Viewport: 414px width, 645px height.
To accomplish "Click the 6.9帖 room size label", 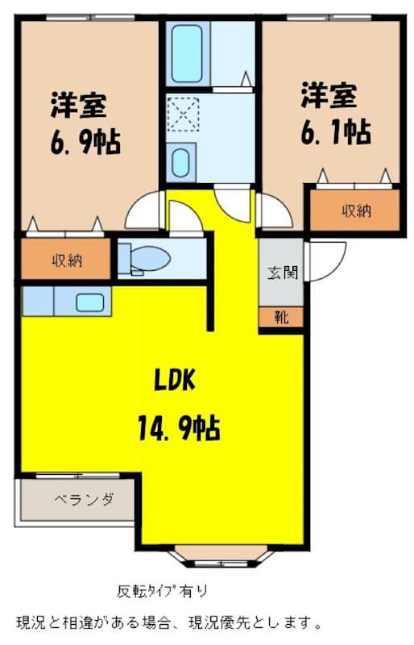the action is pyautogui.click(x=85, y=143).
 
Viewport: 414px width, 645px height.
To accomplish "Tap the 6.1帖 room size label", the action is pyautogui.click(x=336, y=131).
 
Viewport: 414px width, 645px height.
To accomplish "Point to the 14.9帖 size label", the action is pyautogui.click(x=179, y=428).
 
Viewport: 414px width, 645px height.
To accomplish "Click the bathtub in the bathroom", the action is pyautogui.click(x=187, y=53).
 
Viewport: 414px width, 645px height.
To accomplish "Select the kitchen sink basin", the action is pyautogui.click(x=89, y=303).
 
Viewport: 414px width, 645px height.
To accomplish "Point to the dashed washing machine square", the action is pyautogui.click(x=184, y=114).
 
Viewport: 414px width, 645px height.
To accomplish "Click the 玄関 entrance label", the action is pyautogui.click(x=283, y=273).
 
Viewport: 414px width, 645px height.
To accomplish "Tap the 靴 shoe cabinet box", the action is pyautogui.click(x=281, y=317).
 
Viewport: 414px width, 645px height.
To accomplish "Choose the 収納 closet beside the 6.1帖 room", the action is pyautogui.click(x=354, y=210).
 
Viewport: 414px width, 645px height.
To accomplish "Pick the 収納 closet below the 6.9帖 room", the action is pyautogui.click(x=66, y=259).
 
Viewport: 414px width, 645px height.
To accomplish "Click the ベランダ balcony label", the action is pyautogui.click(x=85, y=499).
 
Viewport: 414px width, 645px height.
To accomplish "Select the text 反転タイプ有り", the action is pyautogui.click(x=163, y=591).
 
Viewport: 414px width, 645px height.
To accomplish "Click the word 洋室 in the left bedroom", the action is pyautogui.click(x=78, y=106).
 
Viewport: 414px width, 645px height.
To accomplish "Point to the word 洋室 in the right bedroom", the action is pyautogui.click(x=329, y=95).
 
